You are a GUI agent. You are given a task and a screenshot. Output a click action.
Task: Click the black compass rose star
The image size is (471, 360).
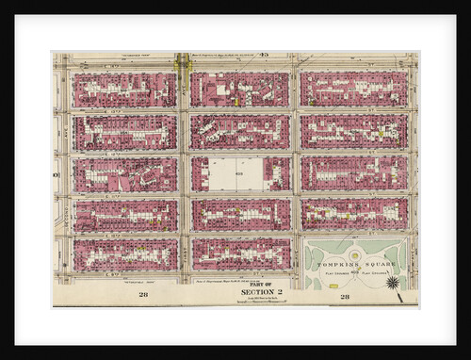(393, 282)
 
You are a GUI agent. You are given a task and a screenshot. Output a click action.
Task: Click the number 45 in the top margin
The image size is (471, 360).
(264, 56)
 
